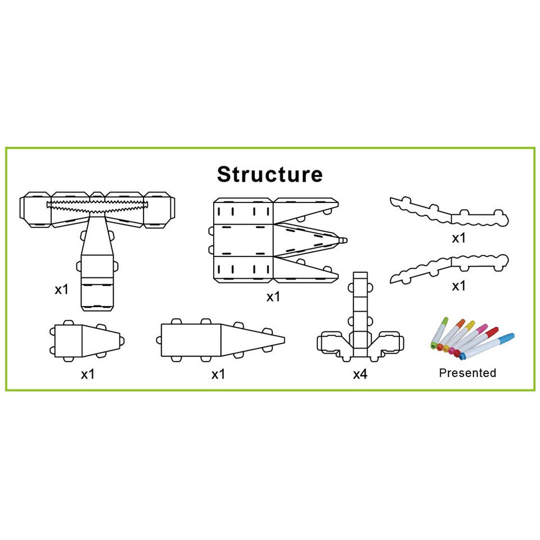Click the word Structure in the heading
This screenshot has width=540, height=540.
pos(270,174)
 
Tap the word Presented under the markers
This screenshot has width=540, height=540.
pos(467,372)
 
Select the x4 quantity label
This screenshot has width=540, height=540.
pos(360,374)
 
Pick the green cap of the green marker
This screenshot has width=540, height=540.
pos(444,321)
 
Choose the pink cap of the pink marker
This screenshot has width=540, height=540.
pos(482,327)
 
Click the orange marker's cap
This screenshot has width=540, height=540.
pos(460,323)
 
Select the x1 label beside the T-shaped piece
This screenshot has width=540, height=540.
pos(61,290)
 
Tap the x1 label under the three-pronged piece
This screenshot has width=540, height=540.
pos(273,297)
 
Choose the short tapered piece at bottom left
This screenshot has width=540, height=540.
pos(84,340)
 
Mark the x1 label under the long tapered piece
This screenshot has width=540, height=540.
pos(218,374)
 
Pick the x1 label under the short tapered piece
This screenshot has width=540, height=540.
pos(87,374)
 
